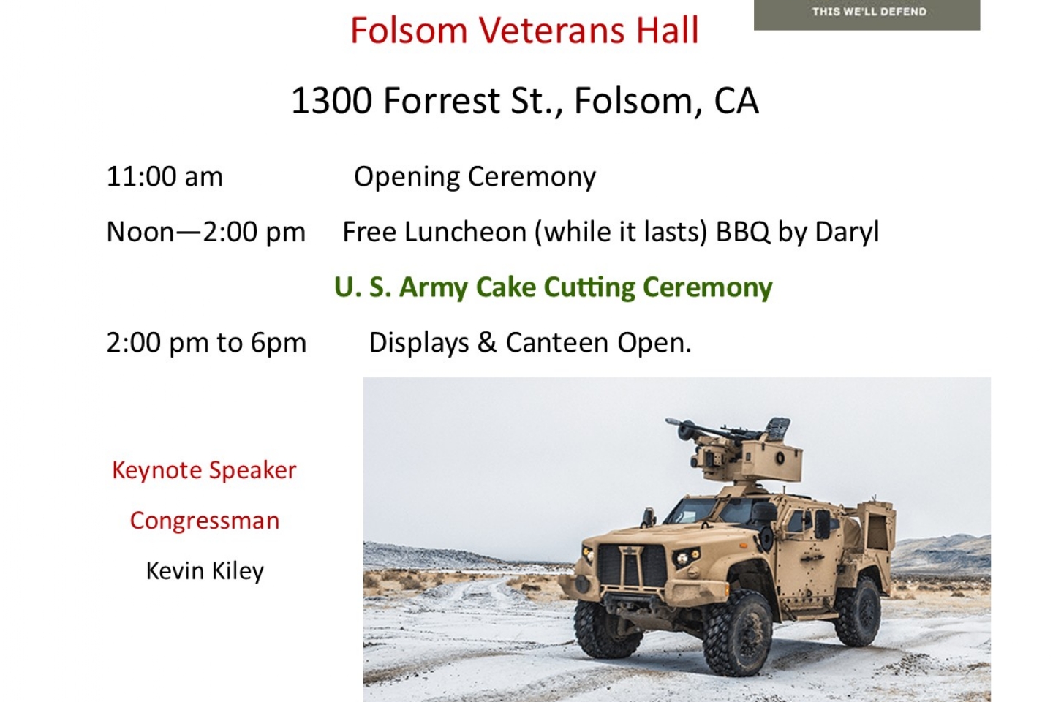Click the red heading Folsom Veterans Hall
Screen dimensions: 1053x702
(524, 31)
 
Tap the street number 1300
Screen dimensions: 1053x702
(331, 101)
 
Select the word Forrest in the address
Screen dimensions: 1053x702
(442, 101)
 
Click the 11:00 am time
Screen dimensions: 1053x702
(165, 177)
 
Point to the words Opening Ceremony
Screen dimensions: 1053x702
(475, 178)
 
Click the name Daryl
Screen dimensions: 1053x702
(847, 233)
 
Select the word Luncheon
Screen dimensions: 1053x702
(465, 232)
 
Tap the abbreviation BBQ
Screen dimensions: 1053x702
(742, 233)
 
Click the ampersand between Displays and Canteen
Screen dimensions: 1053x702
(487, 342)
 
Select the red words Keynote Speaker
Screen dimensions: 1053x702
(205, 470)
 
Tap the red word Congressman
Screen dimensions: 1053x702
(205, 521)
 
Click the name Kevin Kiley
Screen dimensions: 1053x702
(205, 571)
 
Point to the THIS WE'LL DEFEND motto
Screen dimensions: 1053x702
(869, 12)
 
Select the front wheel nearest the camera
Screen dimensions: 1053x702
(737, 633)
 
